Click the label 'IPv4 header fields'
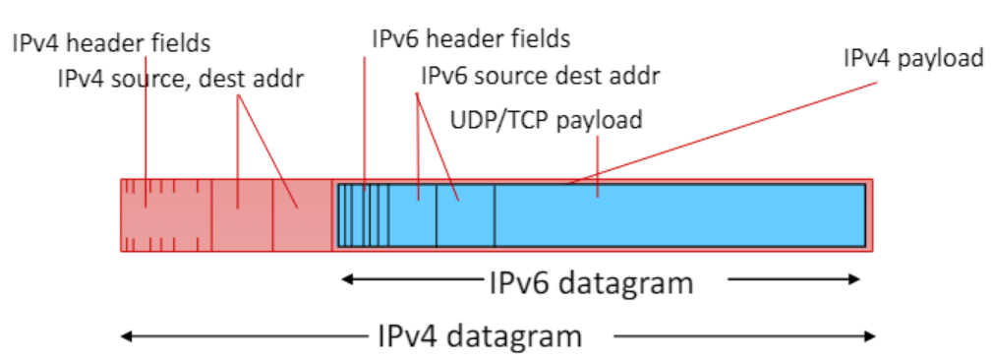coord(111,44)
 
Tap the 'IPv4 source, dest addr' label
coord(181,80)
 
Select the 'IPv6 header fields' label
coord(471,39)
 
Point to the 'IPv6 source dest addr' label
coord(541,77)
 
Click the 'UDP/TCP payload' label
coord(546,119)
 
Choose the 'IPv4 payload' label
coord(914,59)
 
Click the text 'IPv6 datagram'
coord(592,283)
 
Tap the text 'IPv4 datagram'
coord(480,336)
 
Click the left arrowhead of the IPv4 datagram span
coord(125,336)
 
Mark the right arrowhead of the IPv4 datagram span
coord(870,336)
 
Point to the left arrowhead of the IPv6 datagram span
coord(346,279)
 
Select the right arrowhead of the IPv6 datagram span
coord(854,279)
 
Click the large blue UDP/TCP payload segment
coord(679,215)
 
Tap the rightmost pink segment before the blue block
coord(303,215)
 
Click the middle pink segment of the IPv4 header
coord(242,215)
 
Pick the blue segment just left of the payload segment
coord(465,215)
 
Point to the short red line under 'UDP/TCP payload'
coord(598,167)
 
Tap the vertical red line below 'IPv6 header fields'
coord(365,124)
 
